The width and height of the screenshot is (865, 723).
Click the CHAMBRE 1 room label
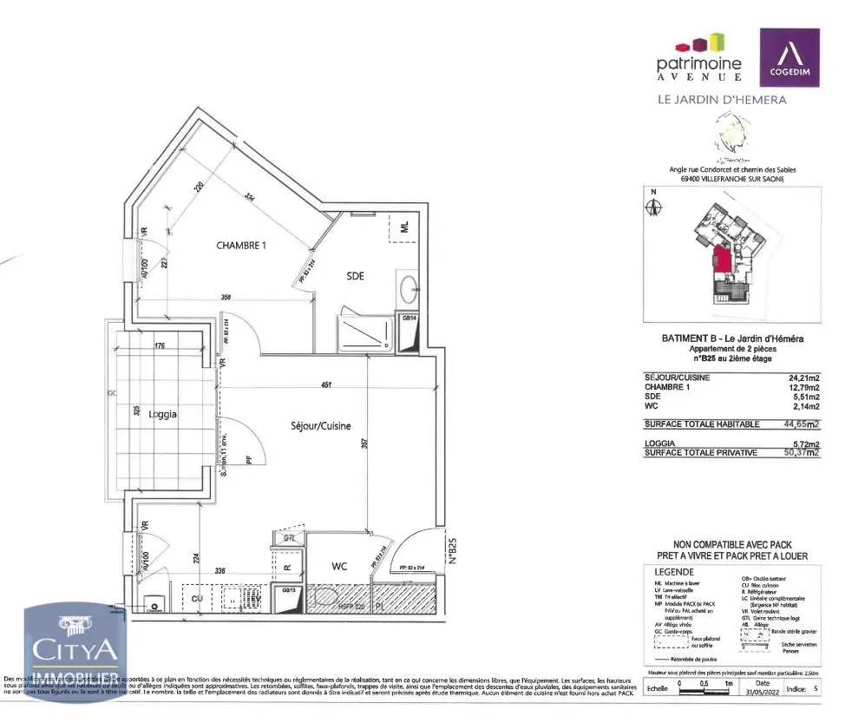(240, 246)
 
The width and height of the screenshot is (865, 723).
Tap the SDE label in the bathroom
(355, 276)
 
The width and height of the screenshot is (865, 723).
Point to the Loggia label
(162, 414)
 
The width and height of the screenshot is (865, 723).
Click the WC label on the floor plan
(339, 566)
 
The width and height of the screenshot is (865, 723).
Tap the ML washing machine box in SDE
(404, 227)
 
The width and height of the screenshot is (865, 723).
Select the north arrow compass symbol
(655, 207)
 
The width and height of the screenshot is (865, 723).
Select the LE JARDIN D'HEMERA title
(722, 100)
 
